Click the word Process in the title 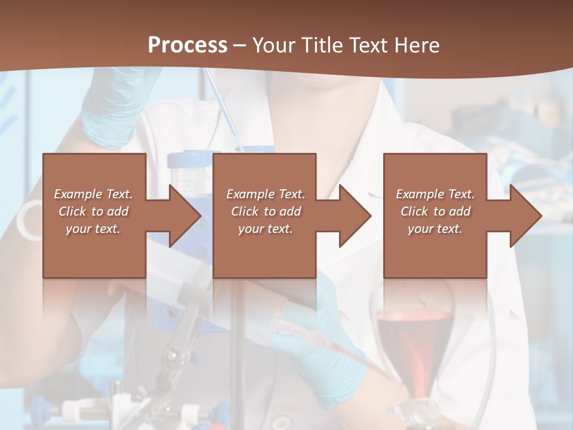point(187,45)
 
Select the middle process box point(264,251)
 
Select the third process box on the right point(435,251)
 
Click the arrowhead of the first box point(185,216)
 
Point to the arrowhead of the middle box point(355,216)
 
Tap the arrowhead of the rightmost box point(525,216)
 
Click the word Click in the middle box point(244,211)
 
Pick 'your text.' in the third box point(435,229)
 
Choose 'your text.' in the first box point(93,229)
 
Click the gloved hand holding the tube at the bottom point(325,352)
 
